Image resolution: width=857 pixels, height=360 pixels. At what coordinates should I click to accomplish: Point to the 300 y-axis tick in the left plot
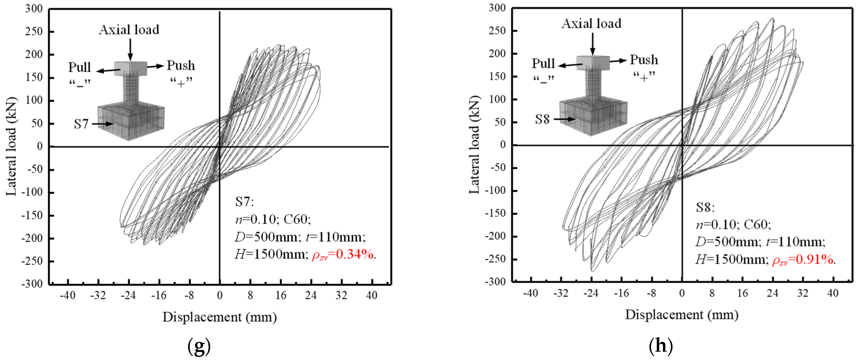click(34, 9)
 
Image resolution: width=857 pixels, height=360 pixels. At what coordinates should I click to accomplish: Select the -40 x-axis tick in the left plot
click(68, 295)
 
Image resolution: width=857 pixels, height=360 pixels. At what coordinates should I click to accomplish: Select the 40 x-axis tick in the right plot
click(833, 293)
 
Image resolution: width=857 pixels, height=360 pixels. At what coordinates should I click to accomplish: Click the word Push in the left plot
click(181, 65)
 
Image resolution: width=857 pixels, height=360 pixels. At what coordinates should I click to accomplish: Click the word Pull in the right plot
click(543, 63)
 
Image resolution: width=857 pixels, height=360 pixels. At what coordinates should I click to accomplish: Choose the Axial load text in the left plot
click(129, 30)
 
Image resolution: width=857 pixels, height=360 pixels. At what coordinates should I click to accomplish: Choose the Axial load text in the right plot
click(592, 24)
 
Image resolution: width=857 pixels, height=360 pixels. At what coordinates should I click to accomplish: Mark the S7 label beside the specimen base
click(81, 124)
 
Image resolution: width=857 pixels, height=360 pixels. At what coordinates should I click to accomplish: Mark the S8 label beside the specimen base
click(542, 119)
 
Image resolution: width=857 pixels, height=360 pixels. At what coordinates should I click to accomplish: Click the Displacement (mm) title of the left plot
click(219, 317)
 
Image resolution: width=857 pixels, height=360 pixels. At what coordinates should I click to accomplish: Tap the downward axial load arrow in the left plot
click(130, 50)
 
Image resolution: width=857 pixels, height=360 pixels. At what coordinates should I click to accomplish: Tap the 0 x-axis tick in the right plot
click(682, 293)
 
